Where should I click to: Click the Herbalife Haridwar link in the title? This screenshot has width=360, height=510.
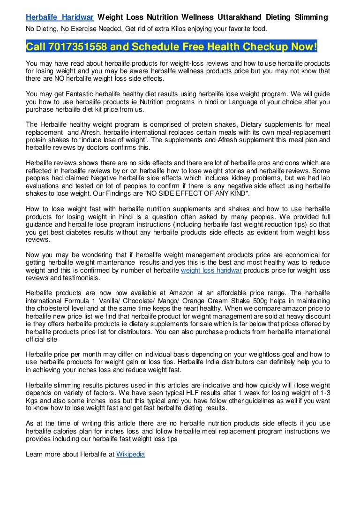[60, 17]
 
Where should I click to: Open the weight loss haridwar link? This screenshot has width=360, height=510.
[211, 271]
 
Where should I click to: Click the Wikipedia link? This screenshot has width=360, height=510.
[130, 454]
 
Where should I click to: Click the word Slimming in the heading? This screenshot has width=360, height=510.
[311, 17]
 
